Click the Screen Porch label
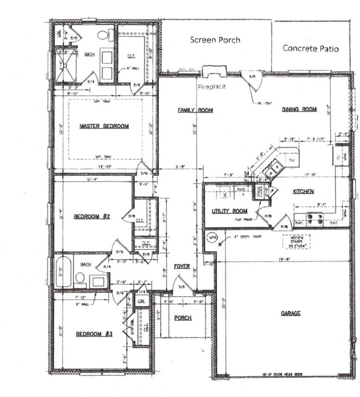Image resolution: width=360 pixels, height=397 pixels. pos(215,40)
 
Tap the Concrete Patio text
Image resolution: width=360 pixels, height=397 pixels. pos(310,48)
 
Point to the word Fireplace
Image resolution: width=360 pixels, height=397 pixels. pos(212,87)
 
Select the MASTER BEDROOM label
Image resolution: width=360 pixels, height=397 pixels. pos(104,126)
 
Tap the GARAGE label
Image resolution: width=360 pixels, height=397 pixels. pos(291,314)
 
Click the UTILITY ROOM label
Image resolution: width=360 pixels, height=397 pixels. pos(229,211)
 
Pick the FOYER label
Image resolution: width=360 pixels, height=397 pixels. pos(182,267)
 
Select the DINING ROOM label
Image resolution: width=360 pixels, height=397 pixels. pos(299,110)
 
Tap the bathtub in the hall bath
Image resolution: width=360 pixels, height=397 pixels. pos(64,271)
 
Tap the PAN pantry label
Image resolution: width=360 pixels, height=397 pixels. pos(259,192)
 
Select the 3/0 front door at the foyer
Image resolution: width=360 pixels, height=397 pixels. pos(180,286)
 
